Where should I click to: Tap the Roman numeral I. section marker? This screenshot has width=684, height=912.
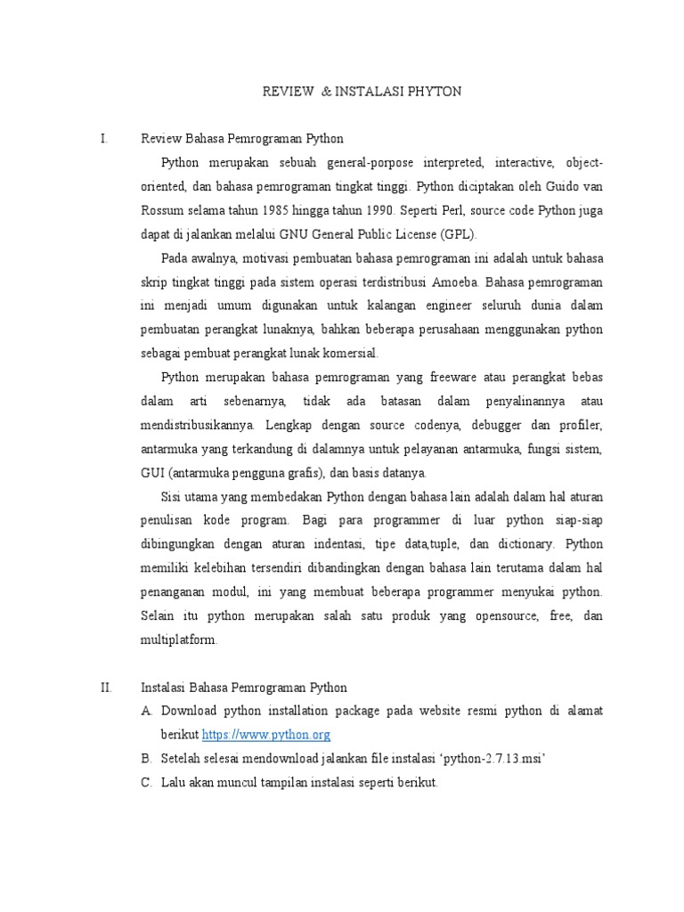[104, 139]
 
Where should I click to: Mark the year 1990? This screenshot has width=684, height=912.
[386, 211]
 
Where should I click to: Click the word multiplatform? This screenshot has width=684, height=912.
[178, 639]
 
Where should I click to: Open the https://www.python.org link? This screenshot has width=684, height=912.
[266, 735]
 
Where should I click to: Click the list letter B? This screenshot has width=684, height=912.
[147, 759]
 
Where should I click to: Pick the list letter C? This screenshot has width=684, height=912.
[147, 783]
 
